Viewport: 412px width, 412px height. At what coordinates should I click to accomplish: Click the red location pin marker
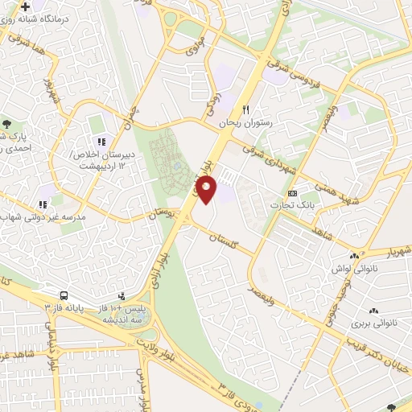pos(207,189)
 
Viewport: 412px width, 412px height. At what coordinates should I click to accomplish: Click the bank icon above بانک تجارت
pos(292,194)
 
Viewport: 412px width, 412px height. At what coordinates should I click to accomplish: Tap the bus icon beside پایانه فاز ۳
pos(64,295)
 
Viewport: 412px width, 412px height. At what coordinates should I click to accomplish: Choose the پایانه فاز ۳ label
pos(64,307)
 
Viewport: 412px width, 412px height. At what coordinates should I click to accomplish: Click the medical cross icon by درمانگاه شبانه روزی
pos(27,6)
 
